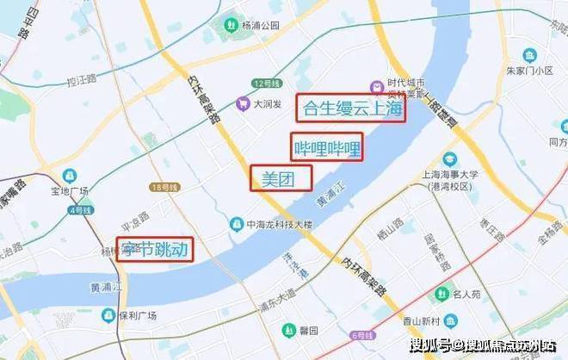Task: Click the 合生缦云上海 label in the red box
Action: point(350,109)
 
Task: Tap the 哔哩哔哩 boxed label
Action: point(326,147)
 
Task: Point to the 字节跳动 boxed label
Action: point(155,250)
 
